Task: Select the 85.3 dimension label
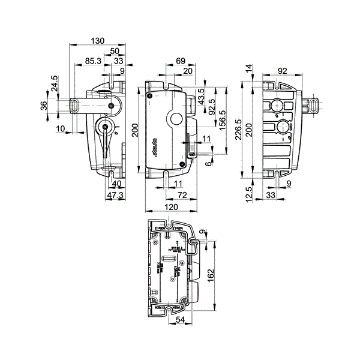[92, 61]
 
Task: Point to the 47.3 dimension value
[115, 195]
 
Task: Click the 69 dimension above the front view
[180, 61]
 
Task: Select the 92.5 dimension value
[211, 106]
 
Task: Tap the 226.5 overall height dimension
[238, 128]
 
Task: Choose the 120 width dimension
[172, 207]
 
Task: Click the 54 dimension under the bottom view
[181, 321]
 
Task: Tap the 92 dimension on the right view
[282, 71]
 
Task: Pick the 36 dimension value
[43, 106]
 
